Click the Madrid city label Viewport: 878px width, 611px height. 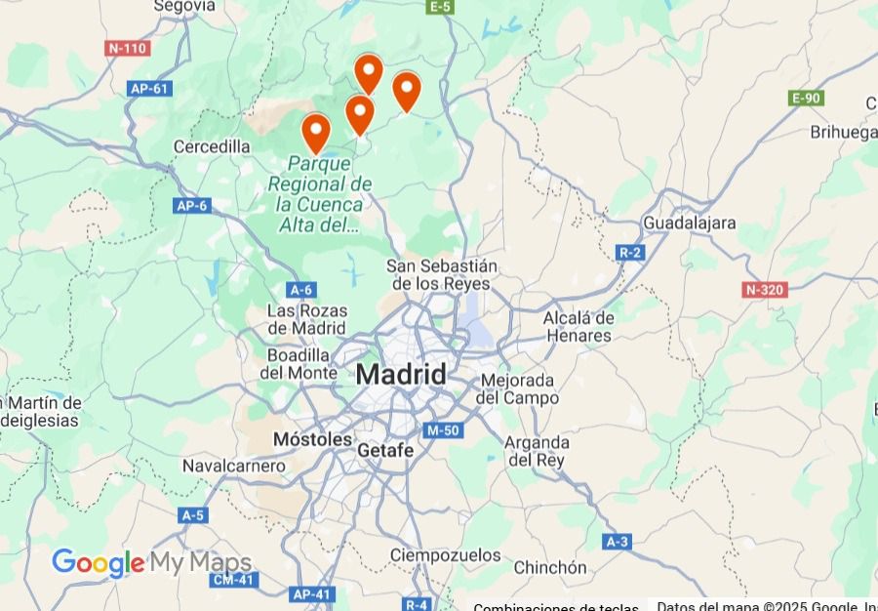click(x=401, y=374)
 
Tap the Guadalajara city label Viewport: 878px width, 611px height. click(x=689, y=224)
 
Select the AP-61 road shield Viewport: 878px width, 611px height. click(x=149, y=89)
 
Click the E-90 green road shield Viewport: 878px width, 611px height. click(x=806, y=98)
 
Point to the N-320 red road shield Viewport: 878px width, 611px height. click(x=764, y=289)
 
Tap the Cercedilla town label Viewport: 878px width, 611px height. click(x=212, y=146)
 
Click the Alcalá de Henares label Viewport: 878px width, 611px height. click(x=578, y=327)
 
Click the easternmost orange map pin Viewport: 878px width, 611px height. click(x=406, y=90)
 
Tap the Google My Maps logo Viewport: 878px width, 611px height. click(x=151, y=563)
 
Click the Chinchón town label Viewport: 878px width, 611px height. click(x=550, y=567)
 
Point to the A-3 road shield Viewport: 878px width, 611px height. click(x=617, y=542)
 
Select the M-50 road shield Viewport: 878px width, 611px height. click(x=442, y=430)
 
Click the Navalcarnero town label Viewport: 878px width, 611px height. click(x=234, y=466)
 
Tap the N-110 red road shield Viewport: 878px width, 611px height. click(x=127, y=48)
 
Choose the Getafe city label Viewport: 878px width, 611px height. click(x=385, y=451)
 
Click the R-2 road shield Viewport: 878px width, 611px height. click(x=630, y=253)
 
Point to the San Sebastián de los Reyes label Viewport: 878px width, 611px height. click(x=442, y=274)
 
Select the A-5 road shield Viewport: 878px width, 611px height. click(x=192, y=514)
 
